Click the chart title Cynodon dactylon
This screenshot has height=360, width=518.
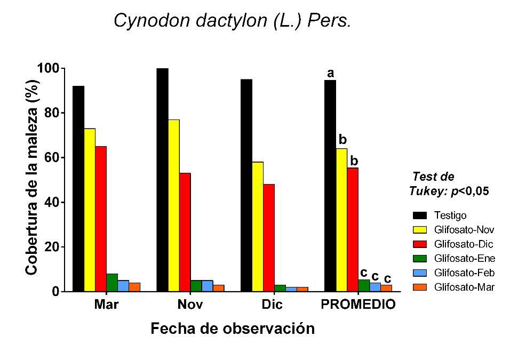(x=232, y=21)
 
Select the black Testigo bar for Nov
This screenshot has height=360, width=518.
(x=162, y=180)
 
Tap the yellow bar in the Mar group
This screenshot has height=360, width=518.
(x=90, y=210)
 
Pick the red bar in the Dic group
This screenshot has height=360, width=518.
(x=268, y=238)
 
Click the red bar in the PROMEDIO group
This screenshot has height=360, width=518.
(x=353, y=229)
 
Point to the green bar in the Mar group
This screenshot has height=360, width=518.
(x=112, y=283)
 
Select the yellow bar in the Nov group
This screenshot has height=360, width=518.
(x=173, y=205)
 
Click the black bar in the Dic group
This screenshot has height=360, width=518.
(x=246, y=185)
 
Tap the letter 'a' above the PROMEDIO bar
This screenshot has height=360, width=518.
(x=330, y=73)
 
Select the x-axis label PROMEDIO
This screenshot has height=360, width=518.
(x=358, y=305)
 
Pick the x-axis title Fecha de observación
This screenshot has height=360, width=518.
(x=232, y=329)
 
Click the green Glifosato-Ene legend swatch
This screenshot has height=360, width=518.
(x=420, y=259)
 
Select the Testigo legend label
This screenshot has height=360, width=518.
(x=450, y=215)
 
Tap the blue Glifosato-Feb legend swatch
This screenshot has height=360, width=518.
(x=420, y=273)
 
